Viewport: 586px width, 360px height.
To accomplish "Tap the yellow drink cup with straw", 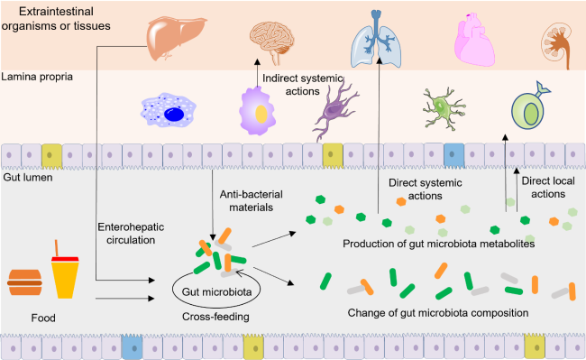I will pos(65,272).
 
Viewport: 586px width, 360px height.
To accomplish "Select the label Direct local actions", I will pos(548,188).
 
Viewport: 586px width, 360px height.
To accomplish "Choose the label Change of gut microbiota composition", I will pos(437,313).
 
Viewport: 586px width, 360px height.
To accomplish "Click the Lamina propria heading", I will pos(39,78).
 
